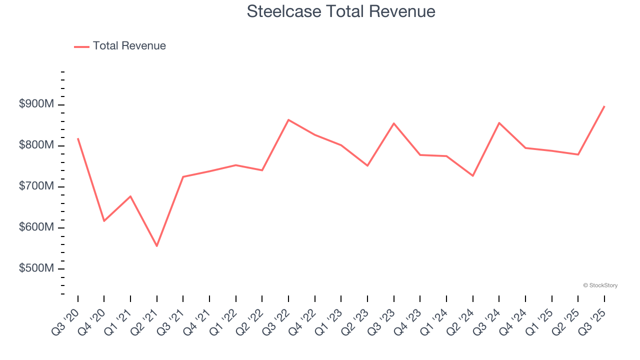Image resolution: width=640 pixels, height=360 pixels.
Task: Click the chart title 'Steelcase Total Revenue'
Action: pos(341,11)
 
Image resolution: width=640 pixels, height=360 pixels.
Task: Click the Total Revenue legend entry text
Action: pos(129,46)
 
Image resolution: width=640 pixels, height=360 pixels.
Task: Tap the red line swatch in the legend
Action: pos(81,46)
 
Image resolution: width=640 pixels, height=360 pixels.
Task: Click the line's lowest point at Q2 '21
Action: pos(157,246)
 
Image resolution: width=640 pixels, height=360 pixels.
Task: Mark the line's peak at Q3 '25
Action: pos(604,106)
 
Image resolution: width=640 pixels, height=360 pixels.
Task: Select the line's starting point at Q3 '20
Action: pos(78,138)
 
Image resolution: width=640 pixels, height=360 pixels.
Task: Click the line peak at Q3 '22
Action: pos(288,119)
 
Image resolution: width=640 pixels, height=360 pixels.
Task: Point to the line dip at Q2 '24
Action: pos(472,175)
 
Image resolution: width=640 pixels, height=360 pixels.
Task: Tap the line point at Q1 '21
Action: pos(130,196)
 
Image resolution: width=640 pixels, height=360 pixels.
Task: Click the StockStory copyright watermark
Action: pos(600,285)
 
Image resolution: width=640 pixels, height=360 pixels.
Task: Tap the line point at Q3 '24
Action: pos(499,122)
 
